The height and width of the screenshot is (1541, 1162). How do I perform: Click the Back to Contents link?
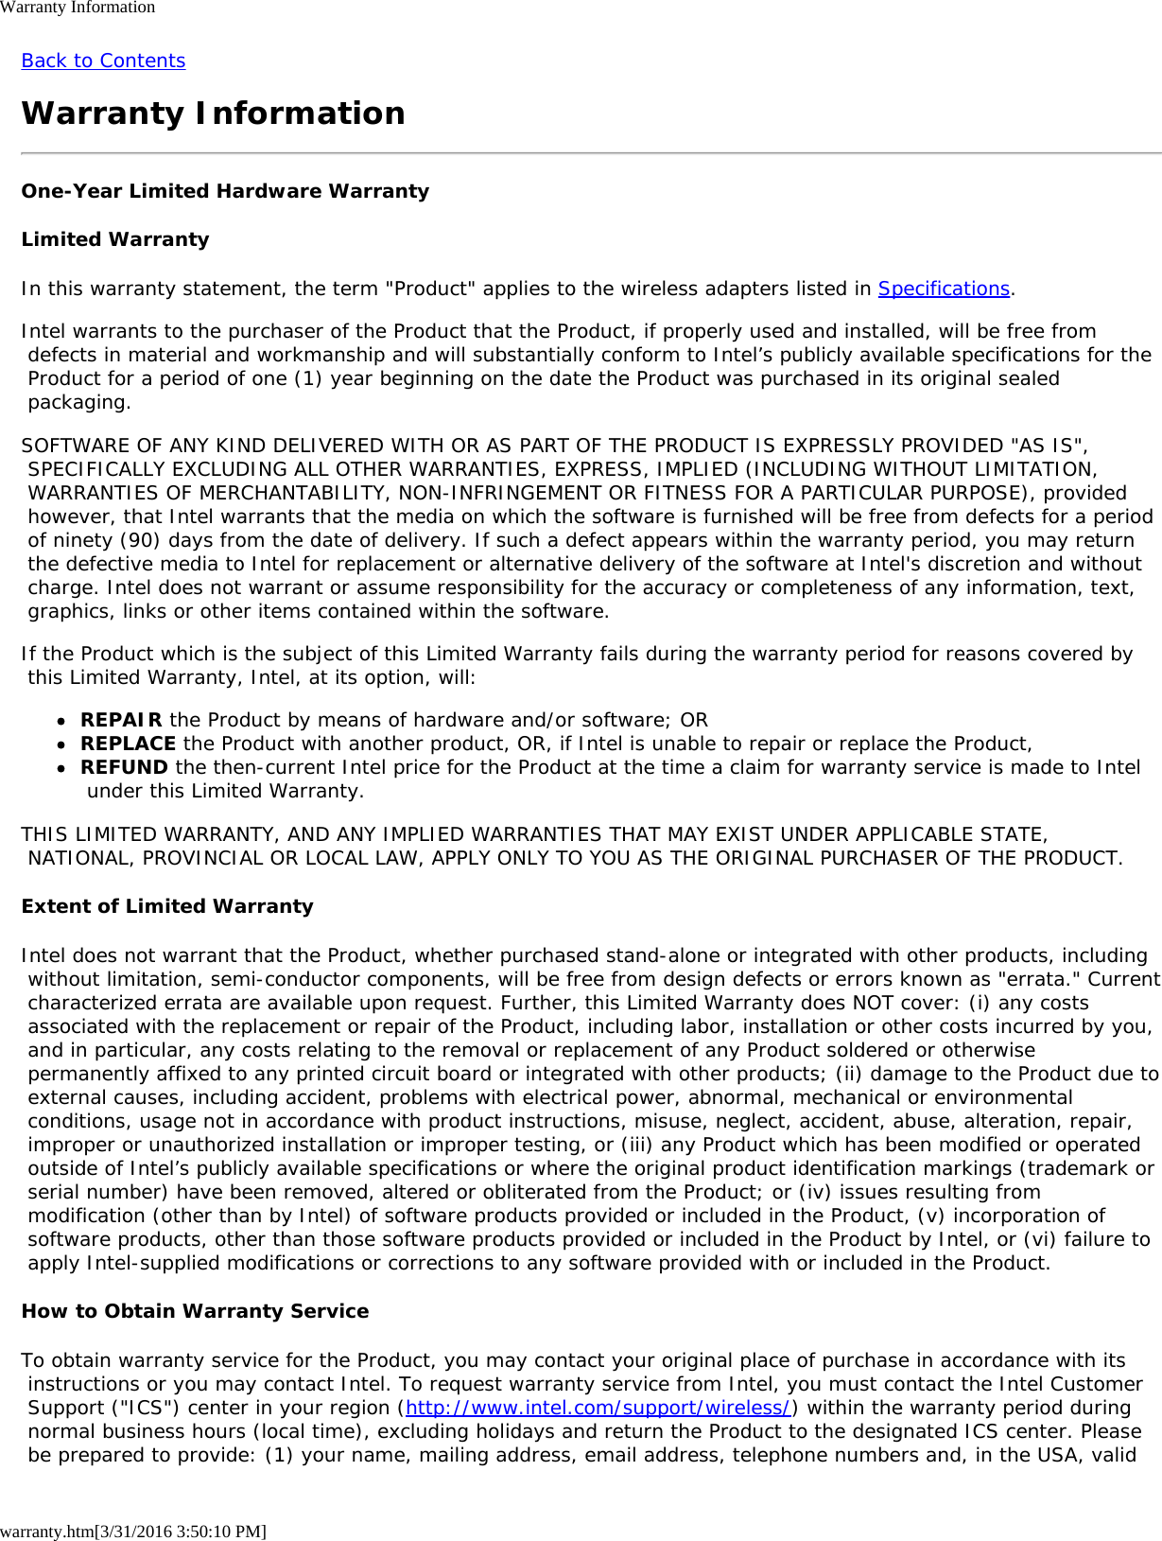103,61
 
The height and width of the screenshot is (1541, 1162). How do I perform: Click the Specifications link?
944,289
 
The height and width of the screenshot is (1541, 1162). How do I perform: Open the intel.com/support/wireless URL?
598,1408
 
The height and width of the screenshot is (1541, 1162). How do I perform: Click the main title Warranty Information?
213,114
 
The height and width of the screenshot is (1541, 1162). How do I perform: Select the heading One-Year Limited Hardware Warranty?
225,191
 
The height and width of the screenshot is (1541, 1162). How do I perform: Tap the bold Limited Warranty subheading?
114,239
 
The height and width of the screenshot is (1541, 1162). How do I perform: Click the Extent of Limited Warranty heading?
166,906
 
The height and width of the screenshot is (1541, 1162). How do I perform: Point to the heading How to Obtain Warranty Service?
195,1311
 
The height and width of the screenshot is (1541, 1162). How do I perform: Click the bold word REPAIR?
121,720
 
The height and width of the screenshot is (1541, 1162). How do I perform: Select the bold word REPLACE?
128,744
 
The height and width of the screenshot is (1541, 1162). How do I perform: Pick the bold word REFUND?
124,767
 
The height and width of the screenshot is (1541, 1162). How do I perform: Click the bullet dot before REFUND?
61,768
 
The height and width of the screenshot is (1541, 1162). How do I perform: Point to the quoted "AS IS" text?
1048,446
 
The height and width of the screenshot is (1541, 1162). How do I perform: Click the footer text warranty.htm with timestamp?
132,1531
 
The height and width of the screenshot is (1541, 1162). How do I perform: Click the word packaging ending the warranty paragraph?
78,402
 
